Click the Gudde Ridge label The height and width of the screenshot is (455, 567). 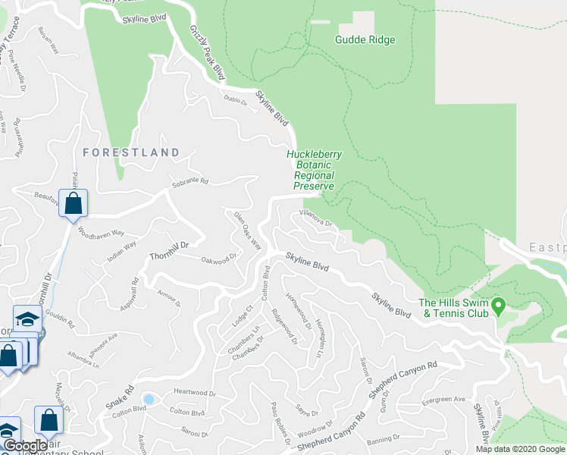click(365, 39)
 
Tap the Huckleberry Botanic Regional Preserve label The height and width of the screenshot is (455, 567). click(314, 170)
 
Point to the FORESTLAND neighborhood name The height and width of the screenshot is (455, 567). click(130, 152)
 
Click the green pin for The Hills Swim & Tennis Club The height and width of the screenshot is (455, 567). click(499, 306)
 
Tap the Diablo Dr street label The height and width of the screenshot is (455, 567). click(236, 100)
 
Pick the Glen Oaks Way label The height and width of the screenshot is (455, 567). click(248, 230)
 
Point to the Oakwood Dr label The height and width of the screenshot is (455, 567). click(219, 259)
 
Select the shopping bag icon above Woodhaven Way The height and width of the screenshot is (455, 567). click(73, 203)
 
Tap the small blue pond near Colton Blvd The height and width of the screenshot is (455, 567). click(149, 399)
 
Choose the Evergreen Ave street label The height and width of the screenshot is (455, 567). click(444, 400)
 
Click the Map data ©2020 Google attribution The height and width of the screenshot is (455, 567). click(520, 449)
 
